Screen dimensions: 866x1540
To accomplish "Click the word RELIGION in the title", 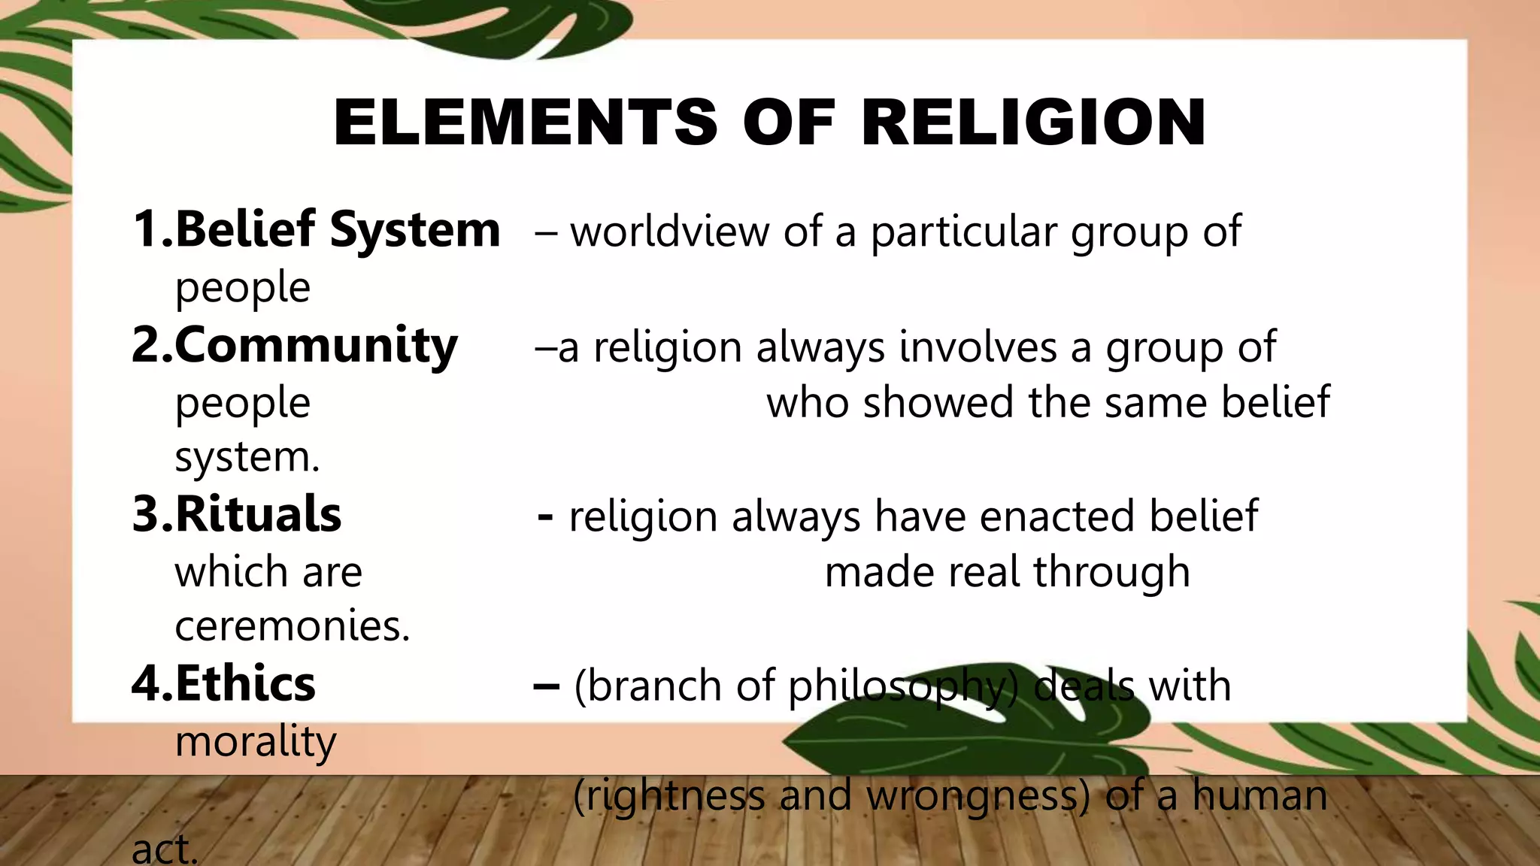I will [x=1033, y=123].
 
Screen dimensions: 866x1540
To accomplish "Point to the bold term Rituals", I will [x=258, y=515].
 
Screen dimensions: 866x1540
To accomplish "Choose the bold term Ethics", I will [x=245, y=684].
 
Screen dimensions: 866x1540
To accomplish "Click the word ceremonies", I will [x=293, y=626].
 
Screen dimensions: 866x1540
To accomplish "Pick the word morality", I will [x=256, y=742].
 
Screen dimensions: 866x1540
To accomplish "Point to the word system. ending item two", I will [x=247, y=458].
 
